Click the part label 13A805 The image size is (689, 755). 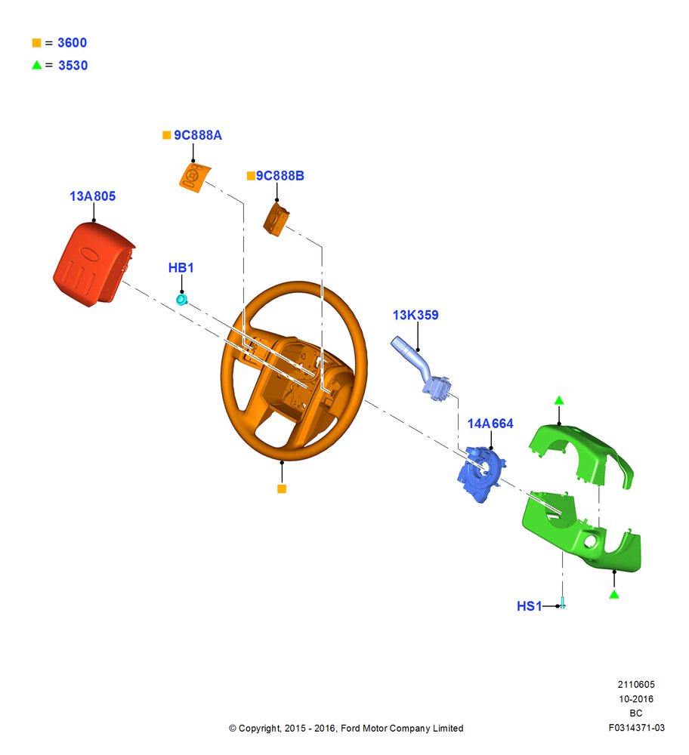click(92, 196)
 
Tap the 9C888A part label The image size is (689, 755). click(198, 135)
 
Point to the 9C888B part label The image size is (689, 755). click(280, 176)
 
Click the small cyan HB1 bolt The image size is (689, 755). click(181, 300)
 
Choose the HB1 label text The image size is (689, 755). click(181, 268)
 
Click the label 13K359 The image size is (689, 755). click(416, 315)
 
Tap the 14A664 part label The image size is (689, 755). click(490, 424)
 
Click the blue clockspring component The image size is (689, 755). click(480, 473)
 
